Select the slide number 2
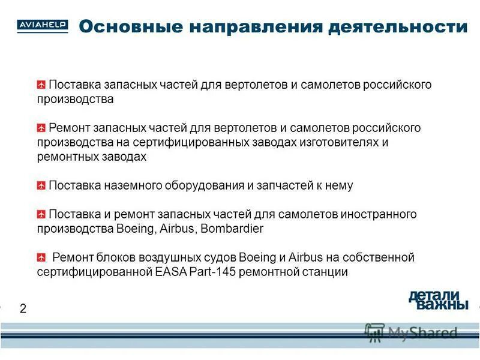pos(23,309)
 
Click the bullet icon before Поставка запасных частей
pos(41,85)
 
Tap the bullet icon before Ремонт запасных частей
pos(41,128)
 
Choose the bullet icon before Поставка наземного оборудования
pos(41,186)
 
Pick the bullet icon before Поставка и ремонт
pos(41,214)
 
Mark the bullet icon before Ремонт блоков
pos(41,258)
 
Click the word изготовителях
pos(335,143)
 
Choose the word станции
pos(327,272)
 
